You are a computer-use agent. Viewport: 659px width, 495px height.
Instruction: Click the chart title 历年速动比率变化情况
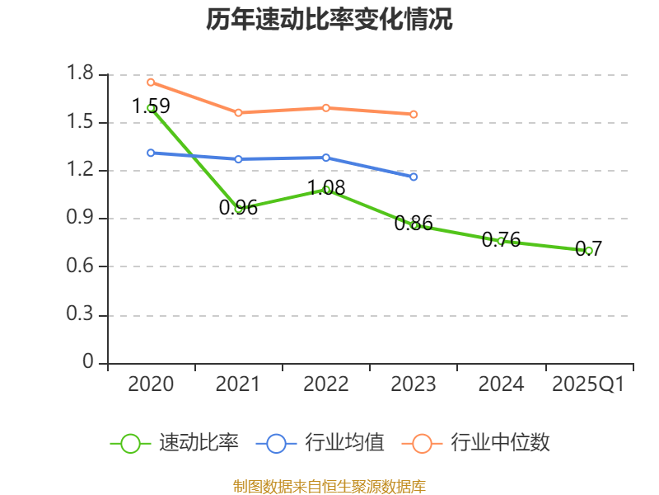pos(329,20)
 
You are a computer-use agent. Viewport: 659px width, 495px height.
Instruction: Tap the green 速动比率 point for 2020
pos(151,108)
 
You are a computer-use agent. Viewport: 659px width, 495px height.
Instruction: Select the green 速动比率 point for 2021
pos(238,209)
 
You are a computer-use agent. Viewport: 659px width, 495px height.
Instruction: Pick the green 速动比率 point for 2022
pos(326,190)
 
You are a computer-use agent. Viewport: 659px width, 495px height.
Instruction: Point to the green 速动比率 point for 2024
pos(501,241)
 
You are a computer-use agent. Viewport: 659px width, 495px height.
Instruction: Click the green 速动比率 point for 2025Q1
pos(588,250)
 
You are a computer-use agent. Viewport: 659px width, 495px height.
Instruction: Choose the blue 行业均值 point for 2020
pos(151,153)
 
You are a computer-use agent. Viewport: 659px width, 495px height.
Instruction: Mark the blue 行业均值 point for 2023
pos(414,177)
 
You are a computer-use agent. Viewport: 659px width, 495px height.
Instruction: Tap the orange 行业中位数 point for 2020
pos(151,82)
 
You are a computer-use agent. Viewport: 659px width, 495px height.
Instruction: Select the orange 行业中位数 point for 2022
pos(326,107)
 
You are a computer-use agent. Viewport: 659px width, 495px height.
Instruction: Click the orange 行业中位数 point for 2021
pos(238,112)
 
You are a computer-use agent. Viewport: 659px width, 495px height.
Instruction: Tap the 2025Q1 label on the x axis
pos(588,384)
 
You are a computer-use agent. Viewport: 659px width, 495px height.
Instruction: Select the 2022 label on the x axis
pos(326,384)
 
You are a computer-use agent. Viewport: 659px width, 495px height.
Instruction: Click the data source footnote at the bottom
pos(329,486)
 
